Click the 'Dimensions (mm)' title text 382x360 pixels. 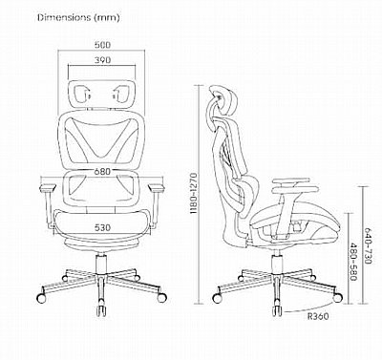coord(78,17)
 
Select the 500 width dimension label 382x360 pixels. coord(102,45)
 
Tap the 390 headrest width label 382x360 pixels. coord(102,60)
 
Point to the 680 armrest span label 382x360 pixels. coord(102,172)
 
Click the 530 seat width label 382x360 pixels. coord(102,228)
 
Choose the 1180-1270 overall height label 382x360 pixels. coord(195,194)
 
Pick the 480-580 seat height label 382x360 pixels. coord(353,262)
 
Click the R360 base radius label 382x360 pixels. coord(318,316)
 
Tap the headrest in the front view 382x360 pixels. coord(102,93)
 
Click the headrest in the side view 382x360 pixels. coord(224,102)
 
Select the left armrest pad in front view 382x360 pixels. coord(48,187)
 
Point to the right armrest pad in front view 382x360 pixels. coord(156,187)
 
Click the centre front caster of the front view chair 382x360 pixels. coord(102,310)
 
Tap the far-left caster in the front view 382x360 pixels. coord(42,298)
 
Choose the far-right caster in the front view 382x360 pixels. coord(161,298)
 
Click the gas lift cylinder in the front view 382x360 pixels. coord(102,264)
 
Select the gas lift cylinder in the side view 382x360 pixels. coord(277,262)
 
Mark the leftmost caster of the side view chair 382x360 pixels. coord(218,298)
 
